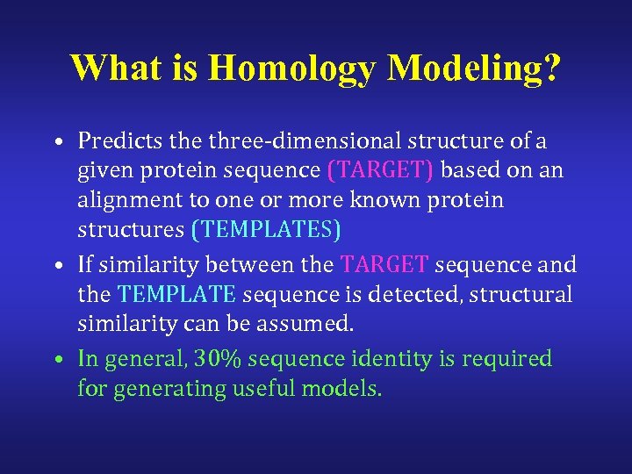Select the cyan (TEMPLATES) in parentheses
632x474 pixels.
coord(266,230)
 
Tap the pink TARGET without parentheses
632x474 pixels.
coord(384,264)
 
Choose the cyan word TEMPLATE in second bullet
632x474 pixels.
coord(176,294)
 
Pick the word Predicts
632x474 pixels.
coord(114,141)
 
